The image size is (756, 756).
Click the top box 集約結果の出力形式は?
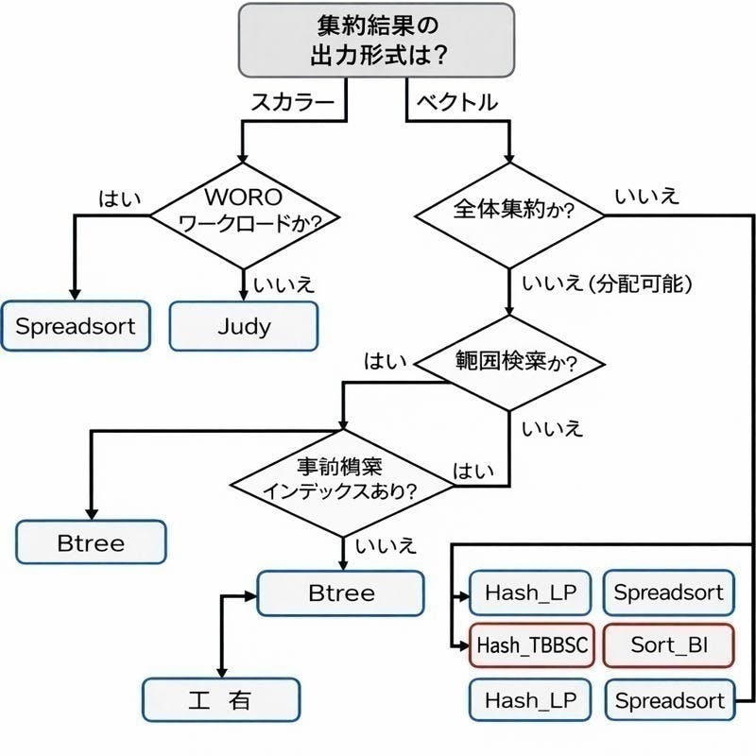(378, 40)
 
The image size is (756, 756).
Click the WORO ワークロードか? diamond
(244, 215)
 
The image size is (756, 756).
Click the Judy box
(244, 327)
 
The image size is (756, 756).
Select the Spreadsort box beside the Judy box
(76, 327)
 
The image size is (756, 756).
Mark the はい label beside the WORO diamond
(119, 198)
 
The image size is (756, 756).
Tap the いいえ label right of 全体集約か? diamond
(645, 197)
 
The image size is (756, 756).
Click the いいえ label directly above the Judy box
(284, 283)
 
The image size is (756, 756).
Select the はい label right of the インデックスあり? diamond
(472, 471)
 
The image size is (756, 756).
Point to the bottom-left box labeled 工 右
(221, 701)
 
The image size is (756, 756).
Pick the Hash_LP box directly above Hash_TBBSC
(532, 593)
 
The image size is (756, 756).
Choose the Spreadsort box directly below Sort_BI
(669, 701)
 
